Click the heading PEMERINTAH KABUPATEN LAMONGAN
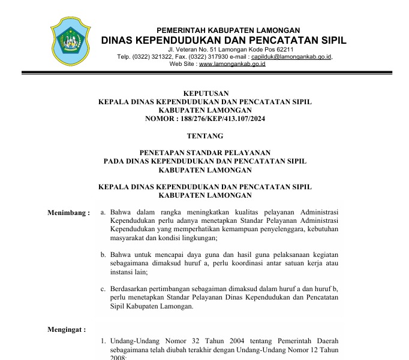(x=228, y=31)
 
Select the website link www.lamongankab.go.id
(x=232, y=63)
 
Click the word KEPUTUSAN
(x=204, y=93)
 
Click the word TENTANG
(x=204, y=136)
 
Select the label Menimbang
(x=68, y=212)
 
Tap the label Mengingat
(x=67, y=329)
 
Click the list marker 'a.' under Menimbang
(x=103, y=212)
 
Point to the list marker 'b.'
(x=103, y=255)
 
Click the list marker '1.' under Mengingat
(x=103, y=341)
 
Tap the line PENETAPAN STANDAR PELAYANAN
(x=204, y=153)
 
